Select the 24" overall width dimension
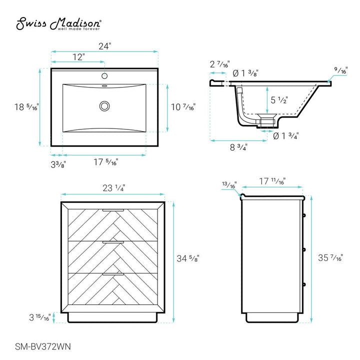point(104,45)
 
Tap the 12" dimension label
point(78,57)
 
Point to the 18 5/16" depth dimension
point(26,107)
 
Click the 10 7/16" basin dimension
point(183,106)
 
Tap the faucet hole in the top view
point(104,76)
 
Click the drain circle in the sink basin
point(104,106)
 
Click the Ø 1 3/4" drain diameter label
point(286,135)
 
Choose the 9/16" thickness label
point(341,71)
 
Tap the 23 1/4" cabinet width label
point(113,188)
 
